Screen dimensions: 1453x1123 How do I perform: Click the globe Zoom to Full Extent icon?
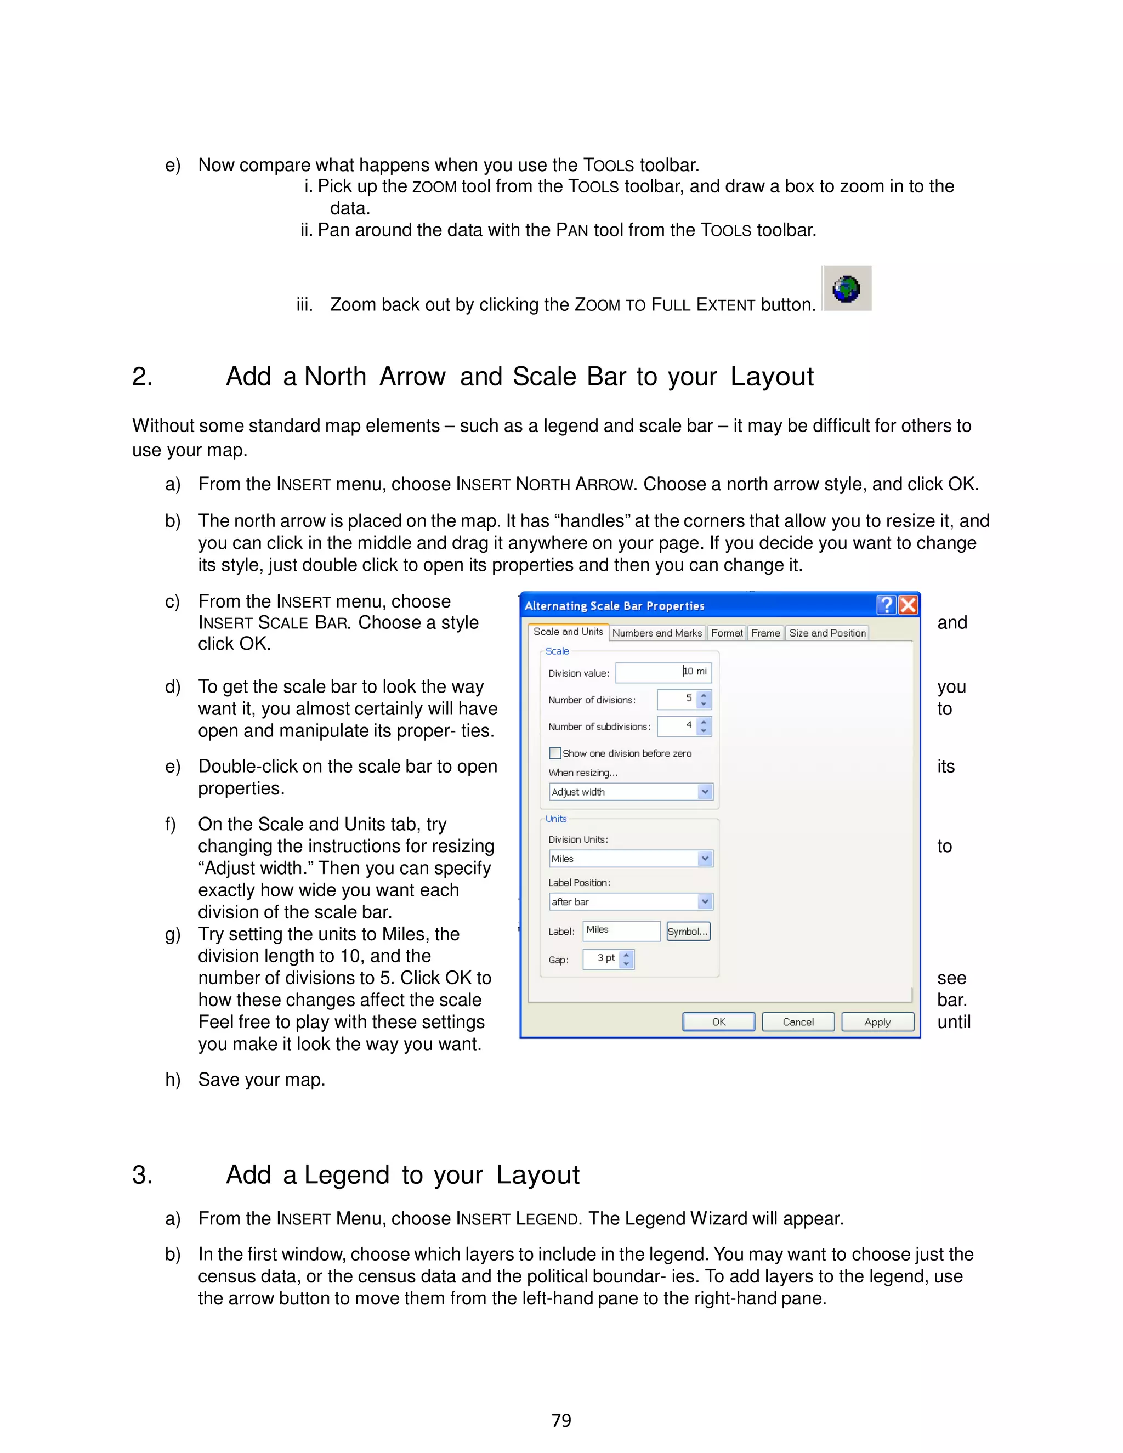coord(846,289)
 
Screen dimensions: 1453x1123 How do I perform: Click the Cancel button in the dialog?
coord(798,1022)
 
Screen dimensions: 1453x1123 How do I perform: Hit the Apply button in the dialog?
coord(877,1022)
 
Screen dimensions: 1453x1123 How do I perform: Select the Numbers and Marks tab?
coord(656,633)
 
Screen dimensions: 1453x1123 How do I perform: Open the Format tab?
coord(727,633)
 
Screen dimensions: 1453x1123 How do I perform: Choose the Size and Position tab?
coord(827,633)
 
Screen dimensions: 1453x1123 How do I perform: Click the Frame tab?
coord(765,633)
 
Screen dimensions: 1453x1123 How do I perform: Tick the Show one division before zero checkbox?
coord(555,753)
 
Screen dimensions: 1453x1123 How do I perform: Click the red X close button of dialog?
coord(908,605)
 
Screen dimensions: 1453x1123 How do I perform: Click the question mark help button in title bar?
coord(886,605)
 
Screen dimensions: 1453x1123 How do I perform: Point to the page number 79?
coord(561,1421)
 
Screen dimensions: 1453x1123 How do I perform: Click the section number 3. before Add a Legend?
coord(141,1175)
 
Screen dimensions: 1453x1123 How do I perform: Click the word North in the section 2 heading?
coord(335,377)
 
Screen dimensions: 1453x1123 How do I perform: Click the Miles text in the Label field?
coord(598,930)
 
